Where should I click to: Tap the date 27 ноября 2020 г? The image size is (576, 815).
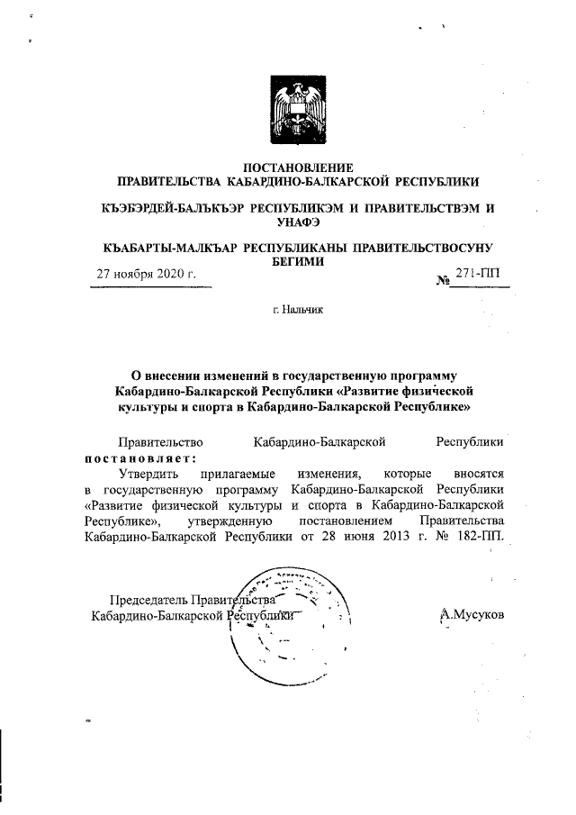point(147,273)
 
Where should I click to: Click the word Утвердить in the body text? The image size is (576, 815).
point(148,472)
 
